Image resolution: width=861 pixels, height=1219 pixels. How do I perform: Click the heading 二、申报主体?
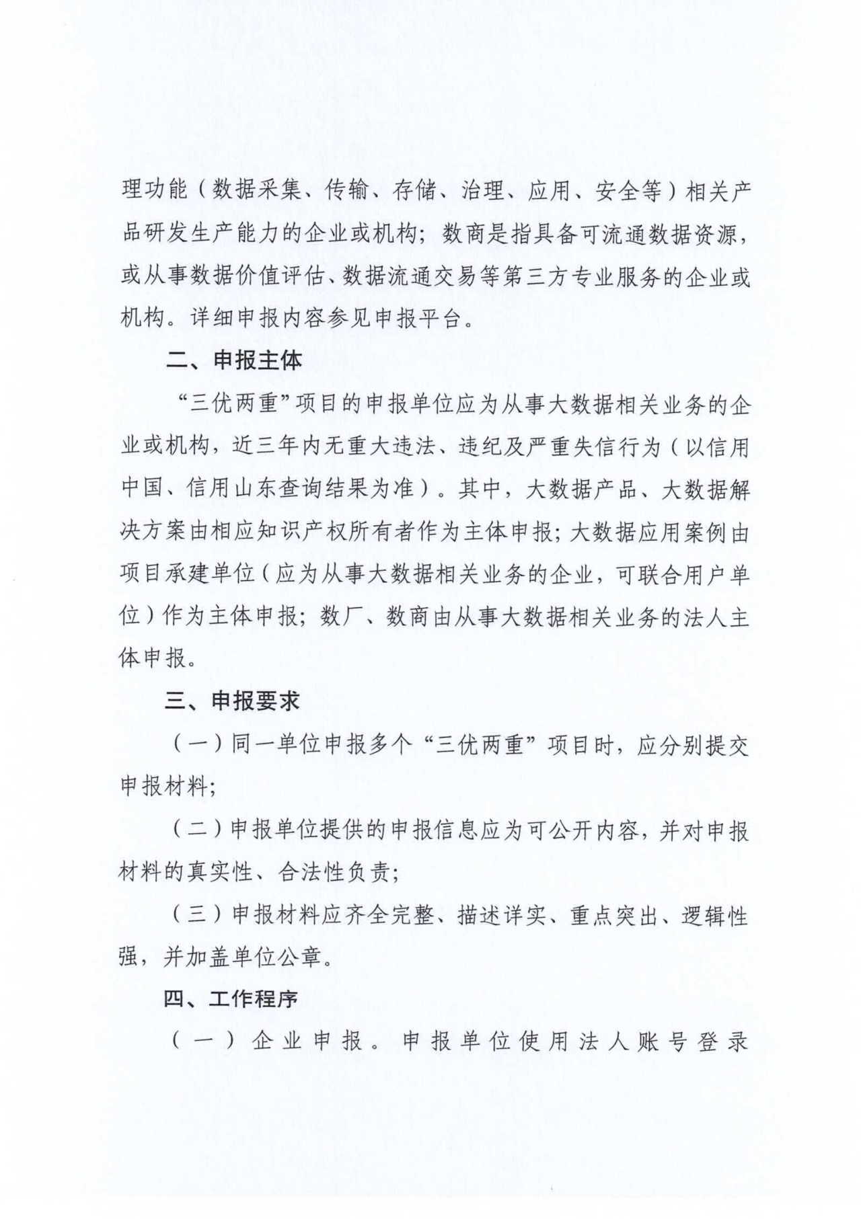(234, 361)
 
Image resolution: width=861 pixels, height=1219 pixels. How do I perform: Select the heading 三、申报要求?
(232, 701)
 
